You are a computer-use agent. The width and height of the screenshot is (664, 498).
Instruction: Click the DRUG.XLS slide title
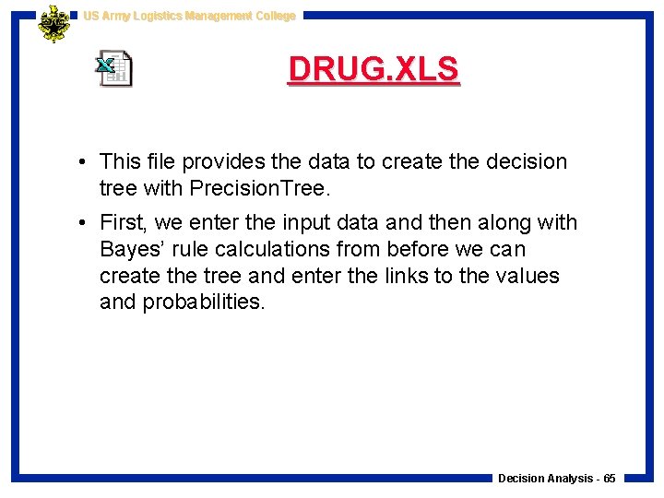[x=373, y=70]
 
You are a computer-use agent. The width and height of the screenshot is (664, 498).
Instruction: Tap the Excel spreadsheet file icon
[x=115, y=69]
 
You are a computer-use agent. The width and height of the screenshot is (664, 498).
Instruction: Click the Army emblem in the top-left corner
[x=53, y=24]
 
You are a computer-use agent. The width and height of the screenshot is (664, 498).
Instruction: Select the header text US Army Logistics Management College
[x=189, y=16]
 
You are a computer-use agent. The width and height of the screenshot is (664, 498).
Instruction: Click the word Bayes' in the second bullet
[x=134, y=250]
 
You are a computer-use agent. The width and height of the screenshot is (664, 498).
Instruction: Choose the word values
[x=526, y=276]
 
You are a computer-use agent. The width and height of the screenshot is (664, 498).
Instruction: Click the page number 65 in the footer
[x=610, y=479]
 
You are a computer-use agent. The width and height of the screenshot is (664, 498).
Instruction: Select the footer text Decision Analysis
[x=546, y=479]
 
